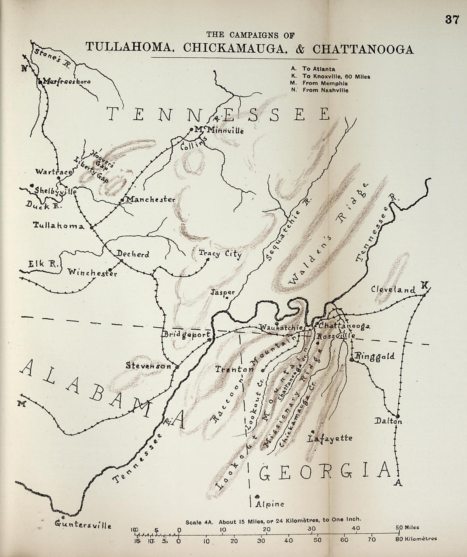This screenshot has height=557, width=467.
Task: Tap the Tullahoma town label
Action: click(59, 226)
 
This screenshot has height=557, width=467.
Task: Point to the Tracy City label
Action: click(220, 254)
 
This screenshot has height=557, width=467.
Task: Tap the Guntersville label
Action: click(84, 525)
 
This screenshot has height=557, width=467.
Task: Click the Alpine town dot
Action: click(257, 496)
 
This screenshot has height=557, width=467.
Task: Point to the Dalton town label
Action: click(388, 421)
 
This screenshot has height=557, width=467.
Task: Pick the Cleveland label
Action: click(393, 290)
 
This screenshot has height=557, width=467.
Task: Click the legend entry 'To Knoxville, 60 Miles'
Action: click(336, 76)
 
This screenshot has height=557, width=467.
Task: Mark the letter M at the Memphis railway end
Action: click(20, 404)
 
